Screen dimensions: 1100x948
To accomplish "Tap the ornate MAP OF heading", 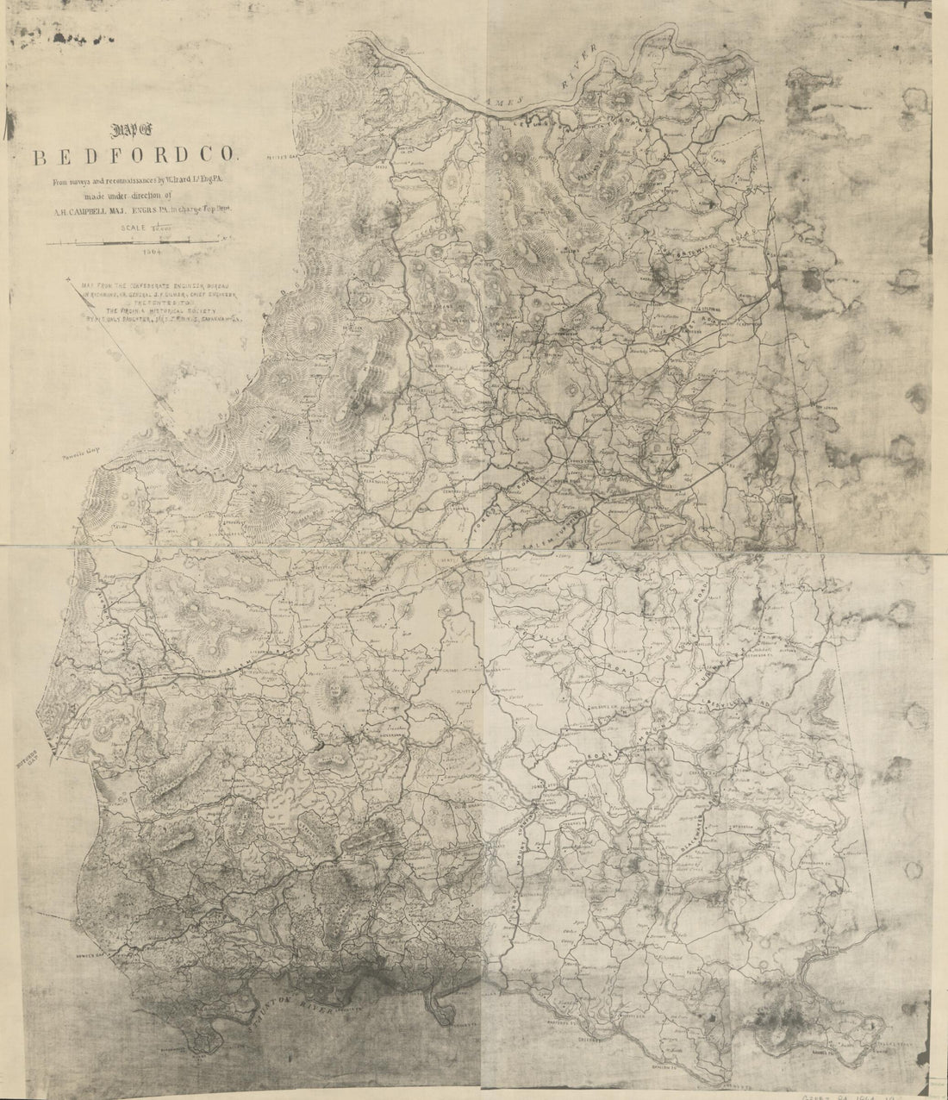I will (x=138, y=132).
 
